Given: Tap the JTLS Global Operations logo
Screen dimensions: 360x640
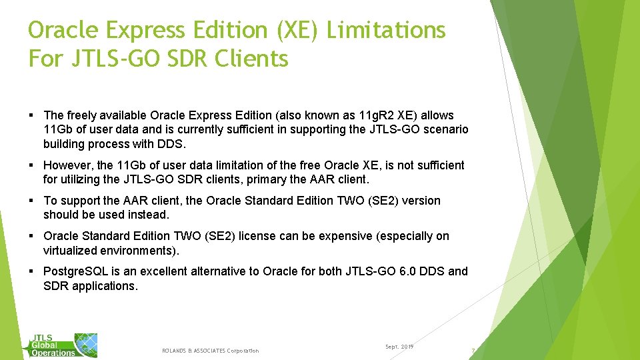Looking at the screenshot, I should [x=64, y=345].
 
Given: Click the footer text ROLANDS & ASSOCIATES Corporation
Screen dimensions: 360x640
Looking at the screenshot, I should [x=210, y=351].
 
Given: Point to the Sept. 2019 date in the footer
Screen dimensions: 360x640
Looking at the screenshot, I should [x=399, y=347].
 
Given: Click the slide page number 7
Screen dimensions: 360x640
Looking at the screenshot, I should [x=473, y=351].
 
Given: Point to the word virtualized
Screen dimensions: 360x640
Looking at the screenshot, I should [x=73, y=251].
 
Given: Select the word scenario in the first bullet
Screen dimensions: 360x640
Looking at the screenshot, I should [x=446, y=129].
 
